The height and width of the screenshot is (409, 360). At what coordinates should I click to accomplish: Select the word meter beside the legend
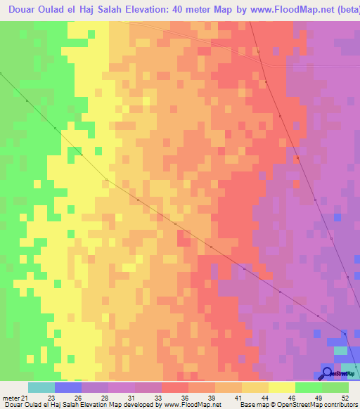click(11, 397)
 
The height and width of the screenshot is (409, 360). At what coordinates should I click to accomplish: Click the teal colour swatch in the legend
click(41, 387)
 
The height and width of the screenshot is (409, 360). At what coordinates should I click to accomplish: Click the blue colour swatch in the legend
click(68, 387)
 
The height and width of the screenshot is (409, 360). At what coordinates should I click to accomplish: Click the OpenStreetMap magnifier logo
click(328, 372)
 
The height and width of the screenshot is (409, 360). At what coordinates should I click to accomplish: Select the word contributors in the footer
click(342, 405)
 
